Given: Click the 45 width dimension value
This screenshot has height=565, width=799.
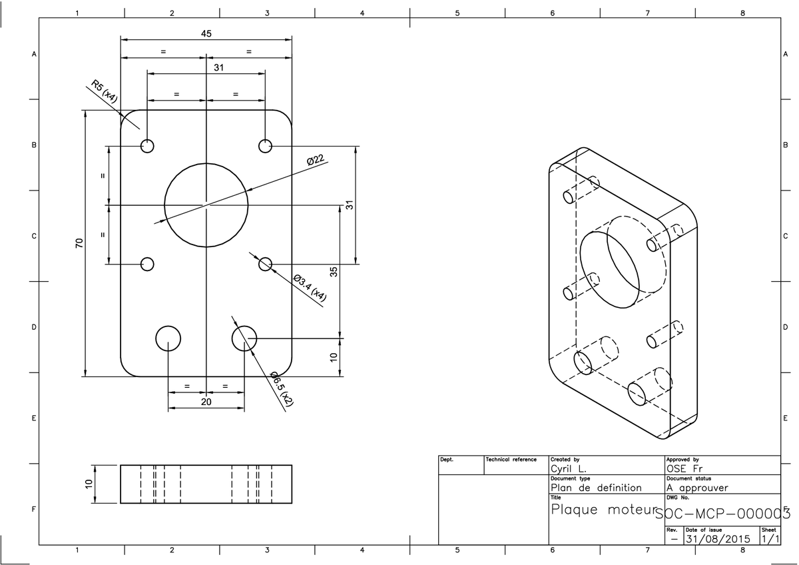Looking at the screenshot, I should point(206,33).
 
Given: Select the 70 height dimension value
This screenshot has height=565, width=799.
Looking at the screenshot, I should point(79,244).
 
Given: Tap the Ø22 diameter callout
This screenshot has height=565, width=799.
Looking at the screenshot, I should point(315,159).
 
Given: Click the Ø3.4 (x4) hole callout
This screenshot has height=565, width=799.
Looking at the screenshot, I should point(310,288).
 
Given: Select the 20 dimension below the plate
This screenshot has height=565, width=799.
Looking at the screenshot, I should point(206,402).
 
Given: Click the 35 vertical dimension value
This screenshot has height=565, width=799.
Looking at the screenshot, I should point(335,271).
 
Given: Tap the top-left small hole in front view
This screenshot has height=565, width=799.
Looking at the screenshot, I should point(147,146).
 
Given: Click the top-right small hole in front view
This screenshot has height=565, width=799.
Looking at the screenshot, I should point(266,146).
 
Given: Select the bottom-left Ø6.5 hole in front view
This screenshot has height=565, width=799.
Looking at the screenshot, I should point(168,338).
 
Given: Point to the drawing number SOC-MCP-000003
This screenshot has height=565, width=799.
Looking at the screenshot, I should point(723,514).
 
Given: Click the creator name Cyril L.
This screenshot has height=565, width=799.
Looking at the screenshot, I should point(568,468).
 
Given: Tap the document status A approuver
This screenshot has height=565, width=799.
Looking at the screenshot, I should point(696,487).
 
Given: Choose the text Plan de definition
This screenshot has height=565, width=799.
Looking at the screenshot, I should point(597,487).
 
